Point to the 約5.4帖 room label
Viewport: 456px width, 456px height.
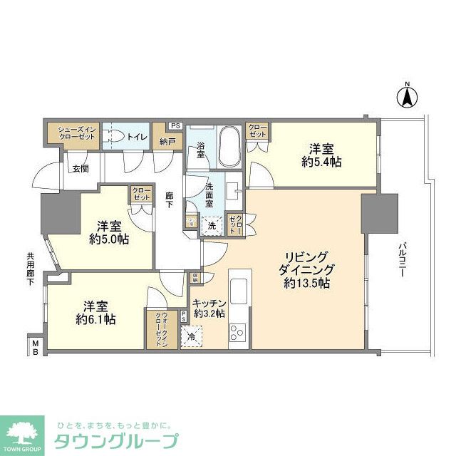coord(321,162)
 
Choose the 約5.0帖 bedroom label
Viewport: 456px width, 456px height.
coord(109,239)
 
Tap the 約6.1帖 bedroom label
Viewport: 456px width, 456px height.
coord(95,319)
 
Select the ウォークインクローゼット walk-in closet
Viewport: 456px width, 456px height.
coord(162,330)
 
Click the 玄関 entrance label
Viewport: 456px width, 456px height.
coord(80,168)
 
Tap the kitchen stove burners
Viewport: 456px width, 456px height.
coord(238,332)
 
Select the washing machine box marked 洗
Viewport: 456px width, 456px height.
coord(212,225)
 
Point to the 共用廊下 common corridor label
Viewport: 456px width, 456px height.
coord(31,270)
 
